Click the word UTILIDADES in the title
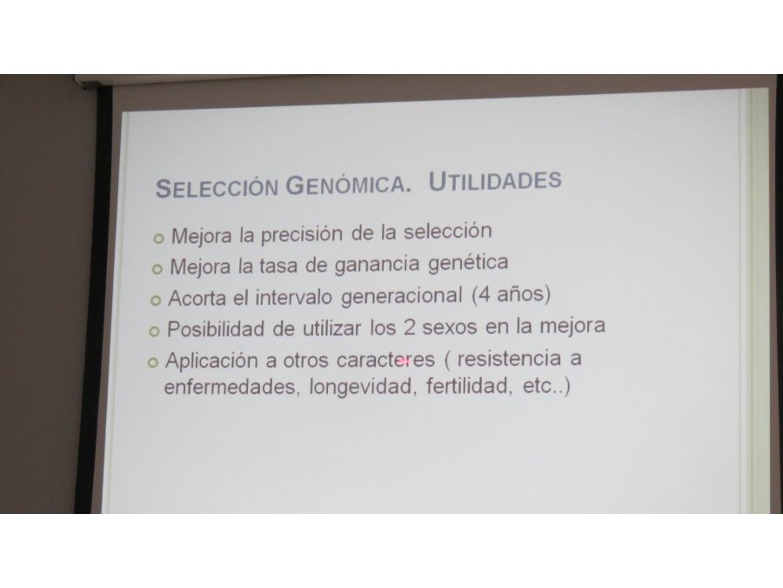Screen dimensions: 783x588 pyautogui.click(x=495, y=180)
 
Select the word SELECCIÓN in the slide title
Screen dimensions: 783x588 pyautogui.click(x=217, y=188)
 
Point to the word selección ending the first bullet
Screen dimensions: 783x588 pyautogui.click(x=448, y=231)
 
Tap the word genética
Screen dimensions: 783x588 pyautogui.click(x=468, y=263)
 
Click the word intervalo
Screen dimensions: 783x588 pyautogui.click(x=294, y=297)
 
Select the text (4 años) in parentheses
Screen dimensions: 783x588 pyautogui.click(x=511, y=294)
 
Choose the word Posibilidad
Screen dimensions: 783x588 pyautogui.click(x=216, y=329)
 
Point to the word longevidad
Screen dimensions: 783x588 pyautogui.click(x=363, y=386)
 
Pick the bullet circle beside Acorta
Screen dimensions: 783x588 pyautogui.click(x=156, y=301)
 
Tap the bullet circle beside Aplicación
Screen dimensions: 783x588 pyautogui.click(x=153, y=362)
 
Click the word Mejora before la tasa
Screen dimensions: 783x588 pyautogui.click(x=200, y=267)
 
